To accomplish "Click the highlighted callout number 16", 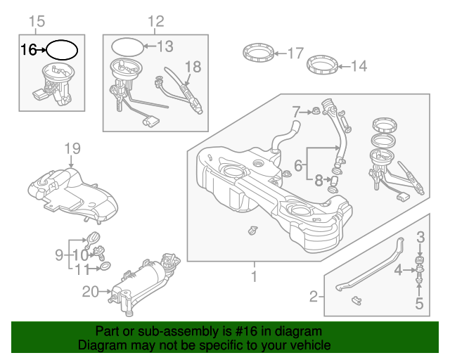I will coord(28,50).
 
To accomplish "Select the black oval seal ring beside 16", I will coord(63,50).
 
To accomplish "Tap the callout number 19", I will coord(73,148).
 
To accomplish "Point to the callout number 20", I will coord(90,292).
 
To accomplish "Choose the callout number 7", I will coord(297,110).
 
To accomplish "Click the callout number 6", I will coord(298,166).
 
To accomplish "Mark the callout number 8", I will coord(319,181).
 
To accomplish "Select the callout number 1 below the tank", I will coord(254,277).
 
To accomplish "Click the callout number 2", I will coord(314,297).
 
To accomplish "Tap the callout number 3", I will coord(420,236).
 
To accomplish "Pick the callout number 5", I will coord(420,303).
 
